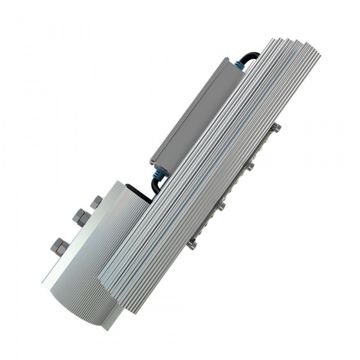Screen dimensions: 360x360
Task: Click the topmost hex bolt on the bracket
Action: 96,202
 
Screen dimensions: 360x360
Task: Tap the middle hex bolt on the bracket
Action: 80,217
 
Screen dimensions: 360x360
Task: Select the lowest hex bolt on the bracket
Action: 59,245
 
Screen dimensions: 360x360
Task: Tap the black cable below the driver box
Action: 155,185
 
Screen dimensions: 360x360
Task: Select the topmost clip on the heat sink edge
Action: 277,127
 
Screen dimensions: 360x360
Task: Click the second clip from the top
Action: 250,166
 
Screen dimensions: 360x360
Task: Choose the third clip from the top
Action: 221,205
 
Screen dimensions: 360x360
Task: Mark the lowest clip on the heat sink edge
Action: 192,243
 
